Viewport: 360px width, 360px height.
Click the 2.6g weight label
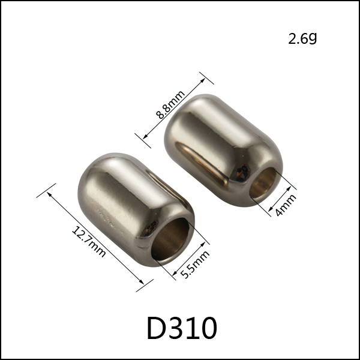coord(302,38)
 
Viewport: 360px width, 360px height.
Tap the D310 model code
coord(182,328)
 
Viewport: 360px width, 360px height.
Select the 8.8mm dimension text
coord(170,104)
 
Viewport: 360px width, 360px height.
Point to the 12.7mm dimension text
coord(89,242)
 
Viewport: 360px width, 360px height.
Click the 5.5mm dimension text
coord(195,264)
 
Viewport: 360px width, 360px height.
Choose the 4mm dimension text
coord(286,205)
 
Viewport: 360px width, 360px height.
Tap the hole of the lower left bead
coord(170,239)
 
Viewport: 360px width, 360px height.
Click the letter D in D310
coord(156,328)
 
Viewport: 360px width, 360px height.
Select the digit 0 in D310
coord(208,328)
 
